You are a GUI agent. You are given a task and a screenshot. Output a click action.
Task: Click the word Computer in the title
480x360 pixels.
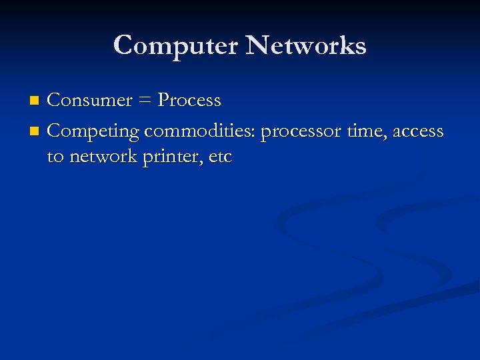pos(175,46)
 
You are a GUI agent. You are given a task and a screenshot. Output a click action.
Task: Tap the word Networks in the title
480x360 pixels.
pos(306,46)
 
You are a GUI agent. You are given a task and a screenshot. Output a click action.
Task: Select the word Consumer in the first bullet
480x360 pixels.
pos(90,100)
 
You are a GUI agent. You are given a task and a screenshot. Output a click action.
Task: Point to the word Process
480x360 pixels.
pos(189,100)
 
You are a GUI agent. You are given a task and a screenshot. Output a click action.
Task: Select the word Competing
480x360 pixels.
pos(93,131)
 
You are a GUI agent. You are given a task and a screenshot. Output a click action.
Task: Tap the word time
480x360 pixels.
pos(367,131)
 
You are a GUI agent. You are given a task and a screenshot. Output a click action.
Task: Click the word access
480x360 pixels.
pos(418,131)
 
